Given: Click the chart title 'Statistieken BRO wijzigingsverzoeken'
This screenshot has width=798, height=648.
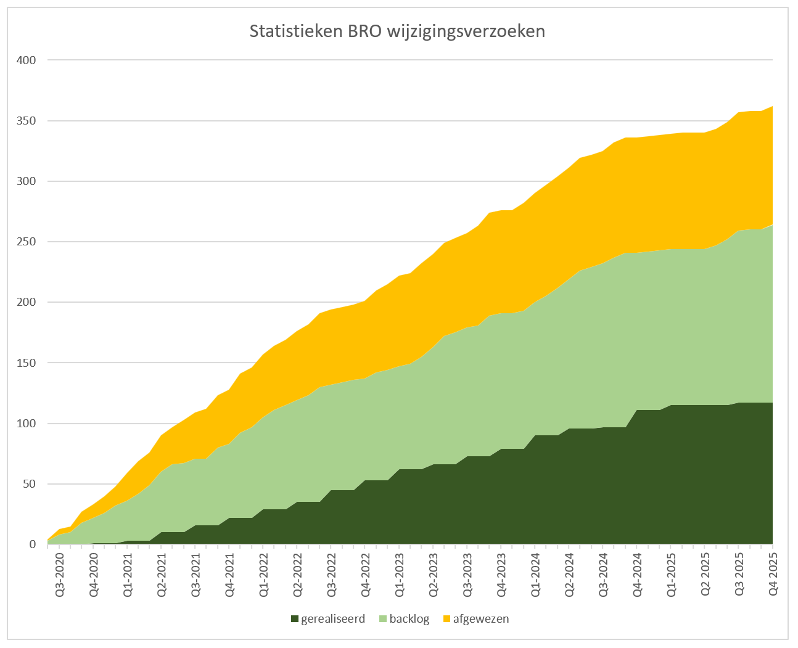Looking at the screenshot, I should click(397, 31).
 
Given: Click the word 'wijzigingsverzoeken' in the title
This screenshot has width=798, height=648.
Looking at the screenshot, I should click(466, 31).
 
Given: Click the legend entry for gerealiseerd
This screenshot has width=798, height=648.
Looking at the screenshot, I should click(327, 619).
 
